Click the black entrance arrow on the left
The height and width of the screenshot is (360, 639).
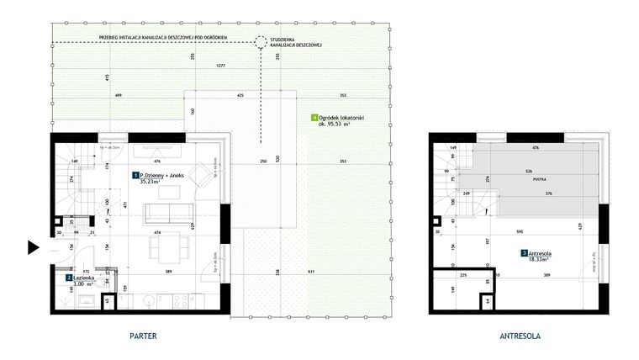(x=33, y=247)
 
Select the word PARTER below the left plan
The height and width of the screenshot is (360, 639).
(x=143, y=336)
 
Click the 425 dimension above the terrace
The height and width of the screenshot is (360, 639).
(x=240, y=96)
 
